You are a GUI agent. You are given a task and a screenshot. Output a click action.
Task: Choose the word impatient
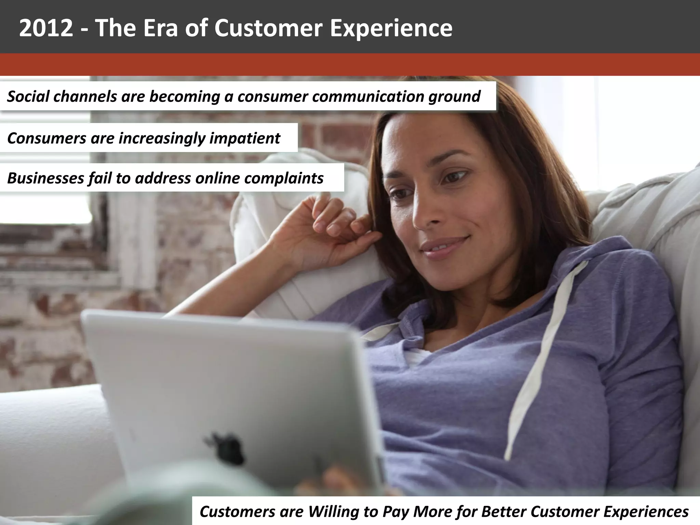click(245, 138)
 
